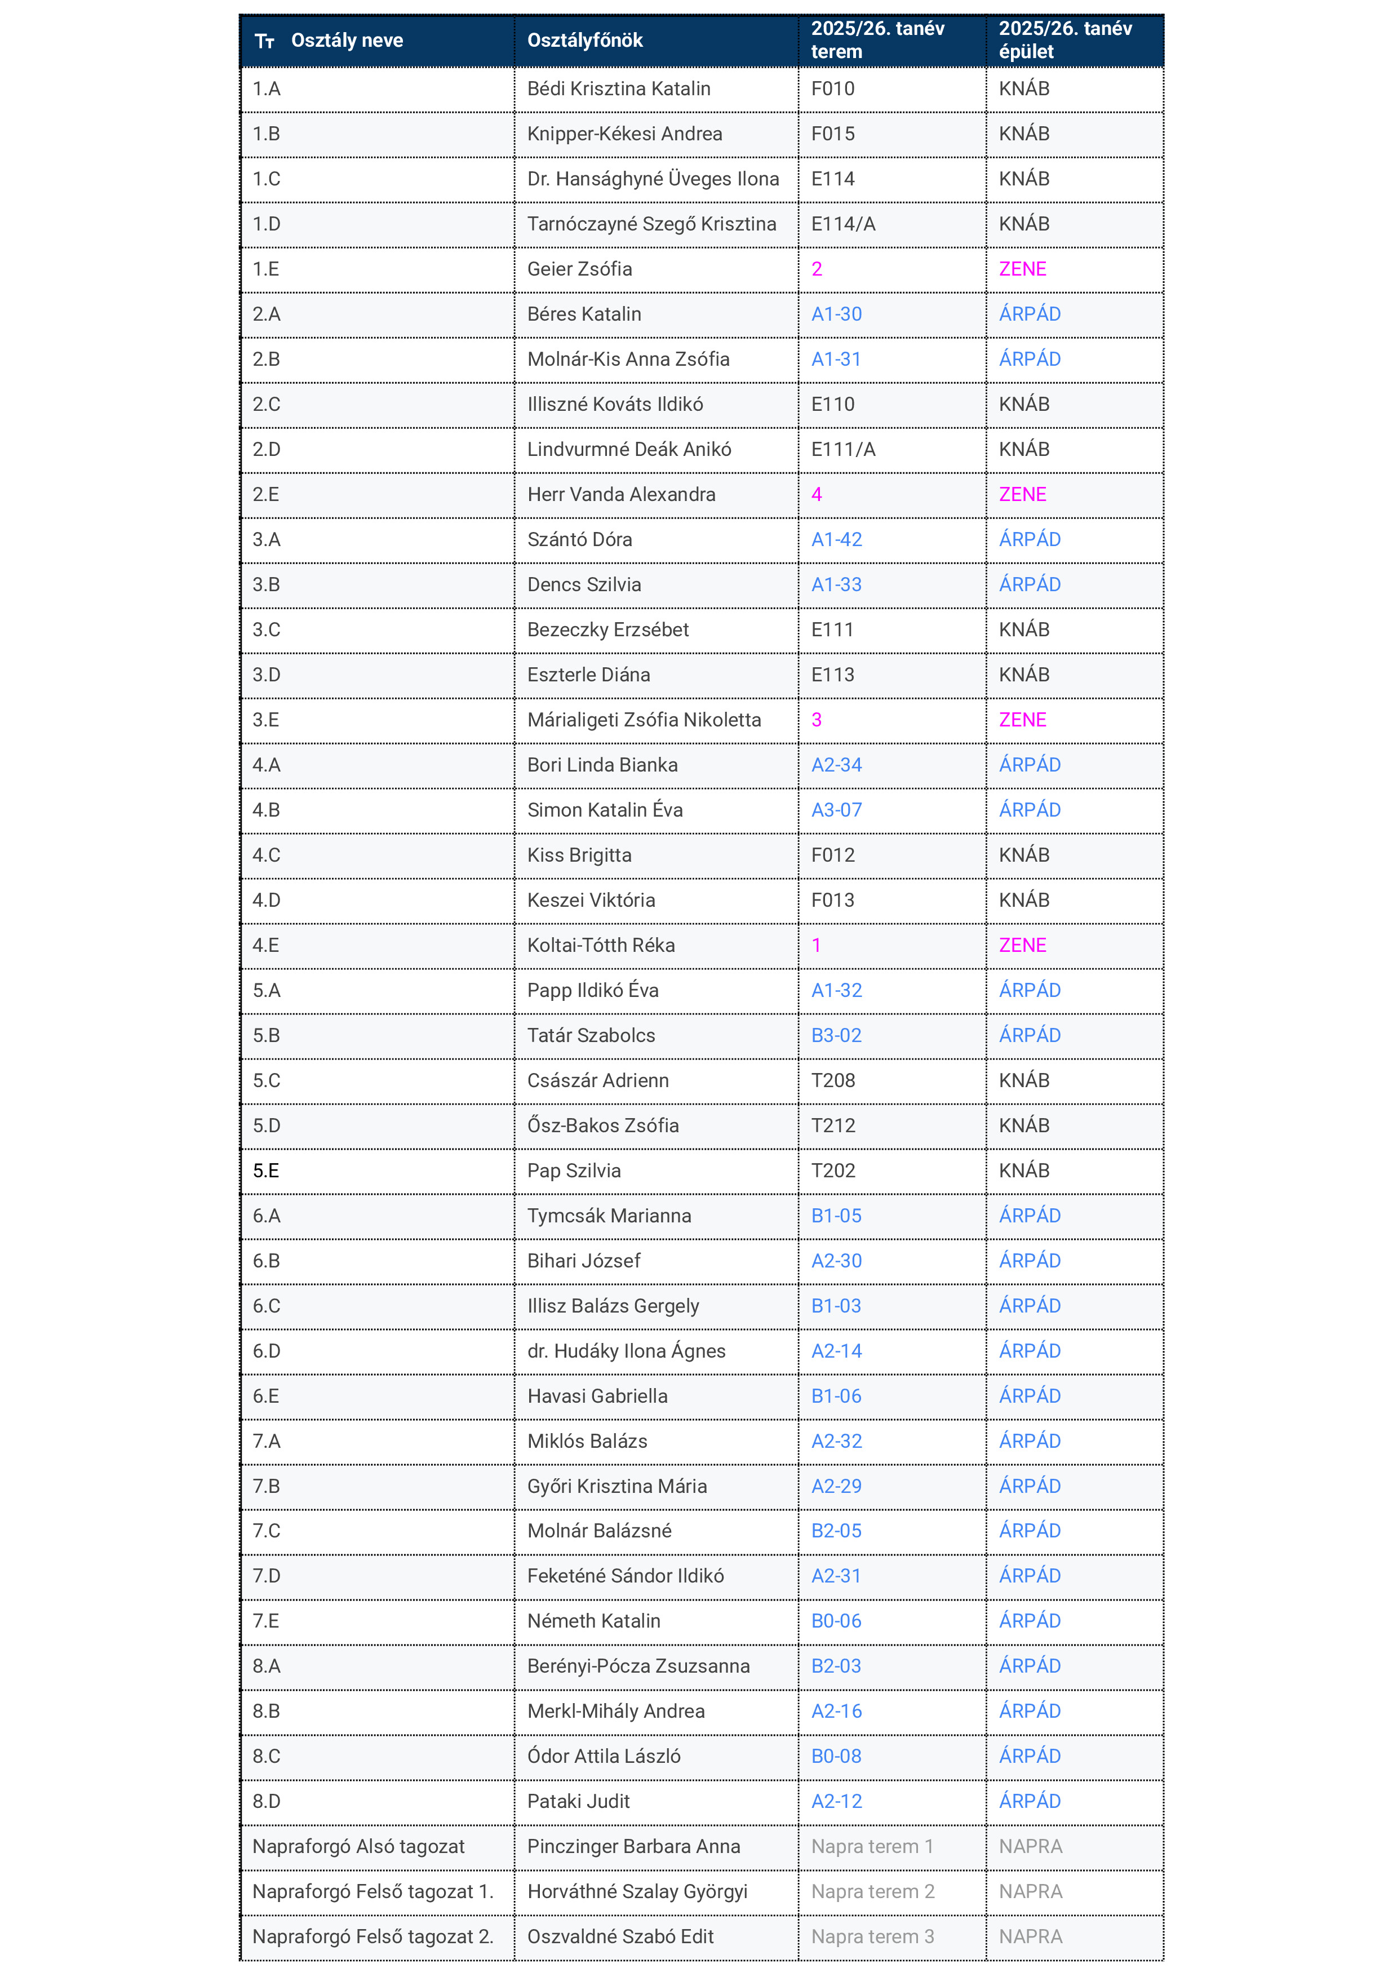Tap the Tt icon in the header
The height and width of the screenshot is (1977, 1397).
point(264,41)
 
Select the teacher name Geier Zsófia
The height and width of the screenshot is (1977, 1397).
point(579,269)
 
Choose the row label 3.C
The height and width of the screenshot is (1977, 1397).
point(266,630)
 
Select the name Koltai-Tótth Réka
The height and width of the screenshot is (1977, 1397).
point(601,946)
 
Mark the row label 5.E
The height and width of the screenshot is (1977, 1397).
point(266,1171)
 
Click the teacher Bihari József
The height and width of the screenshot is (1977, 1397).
point(584,1261)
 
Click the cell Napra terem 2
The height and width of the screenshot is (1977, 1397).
point(872,1892)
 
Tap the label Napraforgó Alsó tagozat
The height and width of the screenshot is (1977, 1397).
point(358,1847)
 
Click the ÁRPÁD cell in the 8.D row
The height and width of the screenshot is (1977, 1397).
point(1030,1801)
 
